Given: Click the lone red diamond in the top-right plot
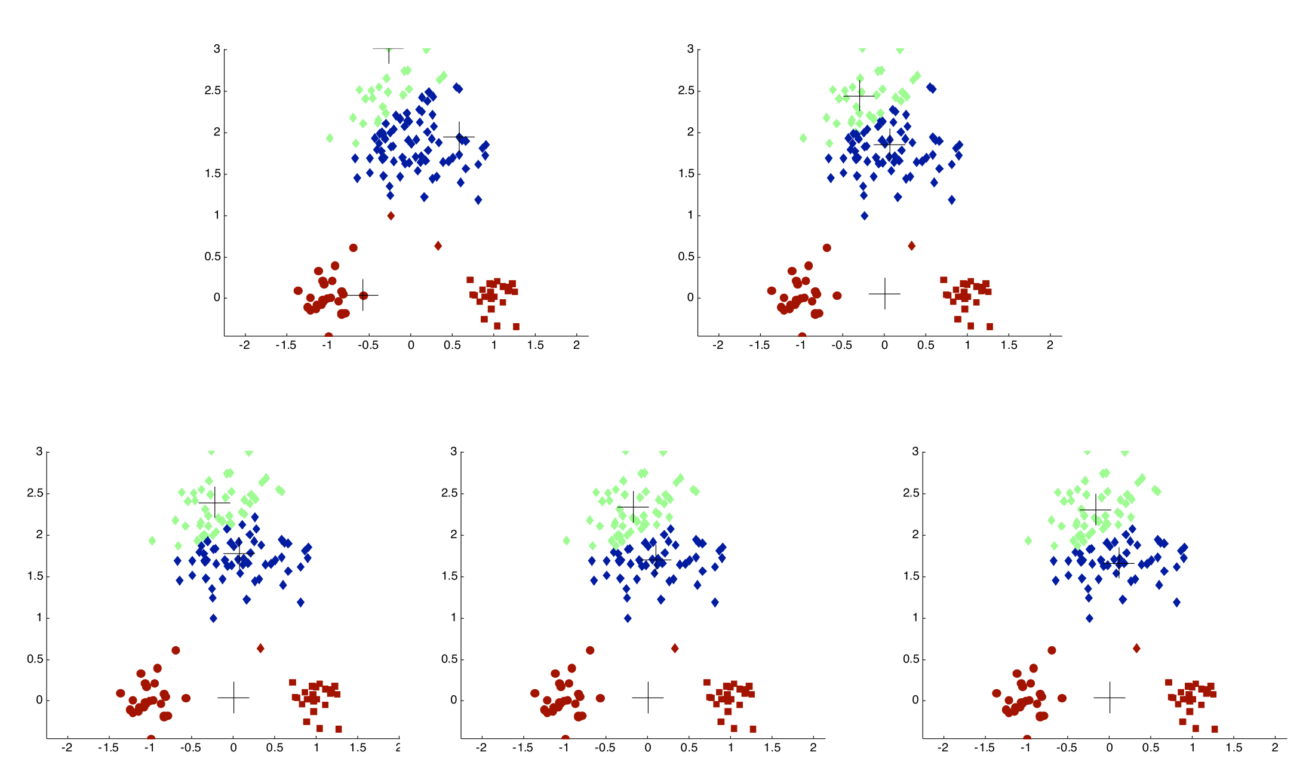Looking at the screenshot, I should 911,245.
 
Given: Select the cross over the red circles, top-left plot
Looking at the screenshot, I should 362,295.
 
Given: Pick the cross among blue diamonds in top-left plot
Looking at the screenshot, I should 459,137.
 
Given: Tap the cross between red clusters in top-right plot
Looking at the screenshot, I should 884,293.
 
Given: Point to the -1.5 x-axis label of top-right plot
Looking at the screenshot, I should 758,345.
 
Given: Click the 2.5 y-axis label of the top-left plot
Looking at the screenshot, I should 212,91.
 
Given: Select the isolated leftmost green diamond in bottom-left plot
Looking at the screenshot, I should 152,541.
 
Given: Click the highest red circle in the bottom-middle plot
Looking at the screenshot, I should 590,650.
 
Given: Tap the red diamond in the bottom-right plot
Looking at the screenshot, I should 1136,648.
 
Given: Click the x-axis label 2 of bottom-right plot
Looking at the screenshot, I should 1275,748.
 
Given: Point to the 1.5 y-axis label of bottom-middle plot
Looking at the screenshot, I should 449,576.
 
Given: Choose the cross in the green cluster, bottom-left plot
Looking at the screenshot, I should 214,502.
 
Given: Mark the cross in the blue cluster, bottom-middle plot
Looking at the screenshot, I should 656,560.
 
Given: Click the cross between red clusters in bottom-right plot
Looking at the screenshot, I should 1110,697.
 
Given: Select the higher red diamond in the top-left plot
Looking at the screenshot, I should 391,216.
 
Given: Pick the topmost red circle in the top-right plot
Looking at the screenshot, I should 826,248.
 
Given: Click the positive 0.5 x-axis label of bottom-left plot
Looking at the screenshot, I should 275,748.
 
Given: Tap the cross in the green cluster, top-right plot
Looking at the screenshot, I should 859,96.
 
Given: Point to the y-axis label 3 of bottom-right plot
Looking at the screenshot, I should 915,452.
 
